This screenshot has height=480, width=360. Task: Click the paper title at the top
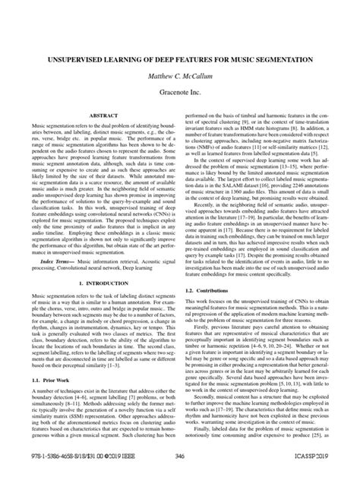180,58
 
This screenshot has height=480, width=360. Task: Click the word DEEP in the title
163,58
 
